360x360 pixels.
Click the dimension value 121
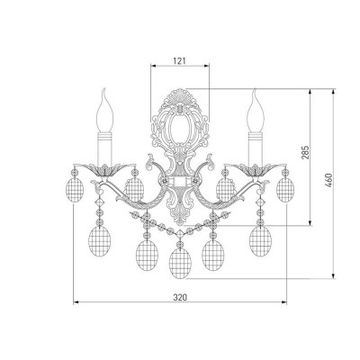click(x=179, y=61)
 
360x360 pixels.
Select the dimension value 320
click(x=180, y=297)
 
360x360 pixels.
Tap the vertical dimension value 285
click(x=305, y=152)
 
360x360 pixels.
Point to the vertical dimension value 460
click(x=329, y=180)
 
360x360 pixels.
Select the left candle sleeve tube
click(x=104, y=149)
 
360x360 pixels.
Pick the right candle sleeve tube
click(x=256, y=149)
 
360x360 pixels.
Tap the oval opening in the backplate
click(x=180, y=127)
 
